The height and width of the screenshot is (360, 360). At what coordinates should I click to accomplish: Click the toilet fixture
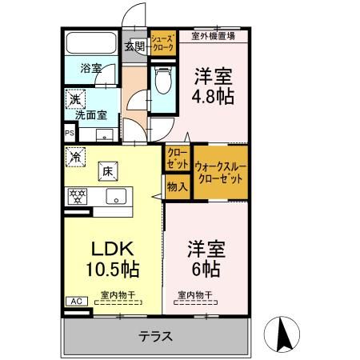coord(163,80)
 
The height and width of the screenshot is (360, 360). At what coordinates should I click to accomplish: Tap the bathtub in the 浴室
coord(90,44)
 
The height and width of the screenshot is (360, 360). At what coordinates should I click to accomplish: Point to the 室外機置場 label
coord(213,35)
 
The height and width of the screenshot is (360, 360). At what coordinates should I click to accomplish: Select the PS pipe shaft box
coord(68,134)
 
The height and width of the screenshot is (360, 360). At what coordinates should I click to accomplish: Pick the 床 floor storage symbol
coord(106,169)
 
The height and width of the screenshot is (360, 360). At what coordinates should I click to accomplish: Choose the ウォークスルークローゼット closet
coord(218,173)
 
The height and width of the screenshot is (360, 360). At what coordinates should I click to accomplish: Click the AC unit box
coord(77,302)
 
